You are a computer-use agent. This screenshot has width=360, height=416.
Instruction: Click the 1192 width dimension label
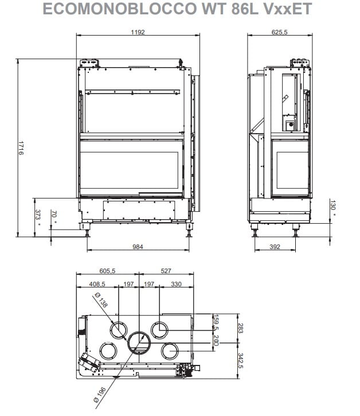138,32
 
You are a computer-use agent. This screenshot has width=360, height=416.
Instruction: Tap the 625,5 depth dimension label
279,32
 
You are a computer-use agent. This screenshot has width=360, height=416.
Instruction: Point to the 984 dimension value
138,247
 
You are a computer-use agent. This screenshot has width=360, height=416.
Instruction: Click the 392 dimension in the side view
275,247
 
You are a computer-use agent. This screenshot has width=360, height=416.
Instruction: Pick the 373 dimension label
38,215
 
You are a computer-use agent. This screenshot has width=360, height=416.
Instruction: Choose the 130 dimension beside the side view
333,205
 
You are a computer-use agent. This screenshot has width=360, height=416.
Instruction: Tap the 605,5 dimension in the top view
107,271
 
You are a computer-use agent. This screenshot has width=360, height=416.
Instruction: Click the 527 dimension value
166,271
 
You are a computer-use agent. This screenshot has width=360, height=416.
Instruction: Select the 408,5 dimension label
97,284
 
